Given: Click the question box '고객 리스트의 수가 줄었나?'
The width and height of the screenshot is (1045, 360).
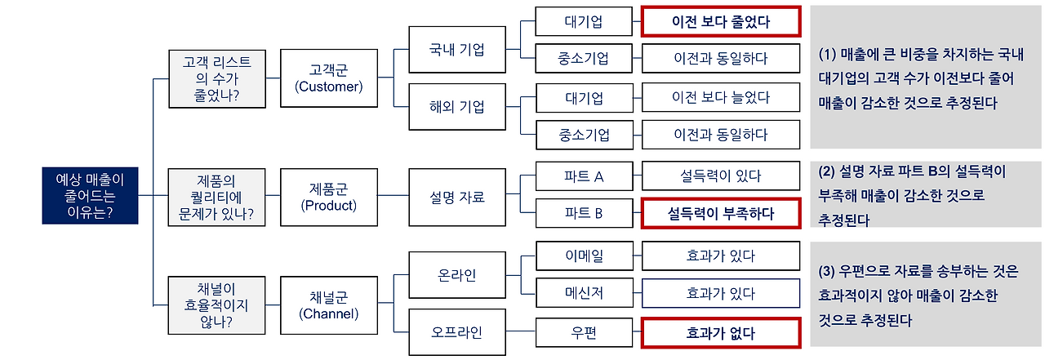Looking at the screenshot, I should tap(216, 79).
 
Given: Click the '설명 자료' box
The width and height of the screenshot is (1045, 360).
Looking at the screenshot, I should tap(456, 197).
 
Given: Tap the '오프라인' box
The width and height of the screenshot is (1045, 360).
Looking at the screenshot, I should tap(456, 332).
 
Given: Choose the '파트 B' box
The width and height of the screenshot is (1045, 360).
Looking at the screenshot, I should tap(584, 214).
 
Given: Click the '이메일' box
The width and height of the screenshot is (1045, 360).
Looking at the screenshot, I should tap(584, 256).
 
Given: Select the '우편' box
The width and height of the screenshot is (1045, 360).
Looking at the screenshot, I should tap(584, 333).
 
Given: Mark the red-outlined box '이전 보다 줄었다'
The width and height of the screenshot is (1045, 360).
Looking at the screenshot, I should tap(720, 22).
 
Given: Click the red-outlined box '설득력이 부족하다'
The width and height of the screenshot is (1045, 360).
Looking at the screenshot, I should tap(720, 214).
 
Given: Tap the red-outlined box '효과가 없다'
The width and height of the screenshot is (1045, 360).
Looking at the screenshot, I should tap(720, 333).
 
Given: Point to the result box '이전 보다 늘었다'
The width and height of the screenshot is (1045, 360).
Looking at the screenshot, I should tap(720, 98).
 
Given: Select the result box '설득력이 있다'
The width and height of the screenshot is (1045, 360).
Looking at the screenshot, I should tap(720, 176).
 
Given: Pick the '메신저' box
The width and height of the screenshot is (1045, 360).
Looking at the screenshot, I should tap(584, 293).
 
